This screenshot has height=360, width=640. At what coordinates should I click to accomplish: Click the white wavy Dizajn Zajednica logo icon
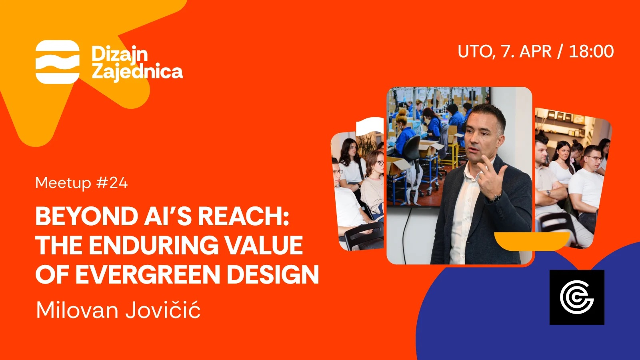click(58, 62)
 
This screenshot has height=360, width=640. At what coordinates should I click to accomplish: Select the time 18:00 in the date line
click(591, 52)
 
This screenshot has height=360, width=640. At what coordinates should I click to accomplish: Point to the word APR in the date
click(535, 52)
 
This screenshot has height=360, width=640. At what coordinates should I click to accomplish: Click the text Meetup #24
click(82, 183)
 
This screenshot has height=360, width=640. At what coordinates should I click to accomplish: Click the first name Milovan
click(77, 310)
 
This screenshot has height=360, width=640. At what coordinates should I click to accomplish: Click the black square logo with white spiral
click(577, 297)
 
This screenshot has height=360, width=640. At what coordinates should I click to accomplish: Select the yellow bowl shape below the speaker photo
click(532, 241)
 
